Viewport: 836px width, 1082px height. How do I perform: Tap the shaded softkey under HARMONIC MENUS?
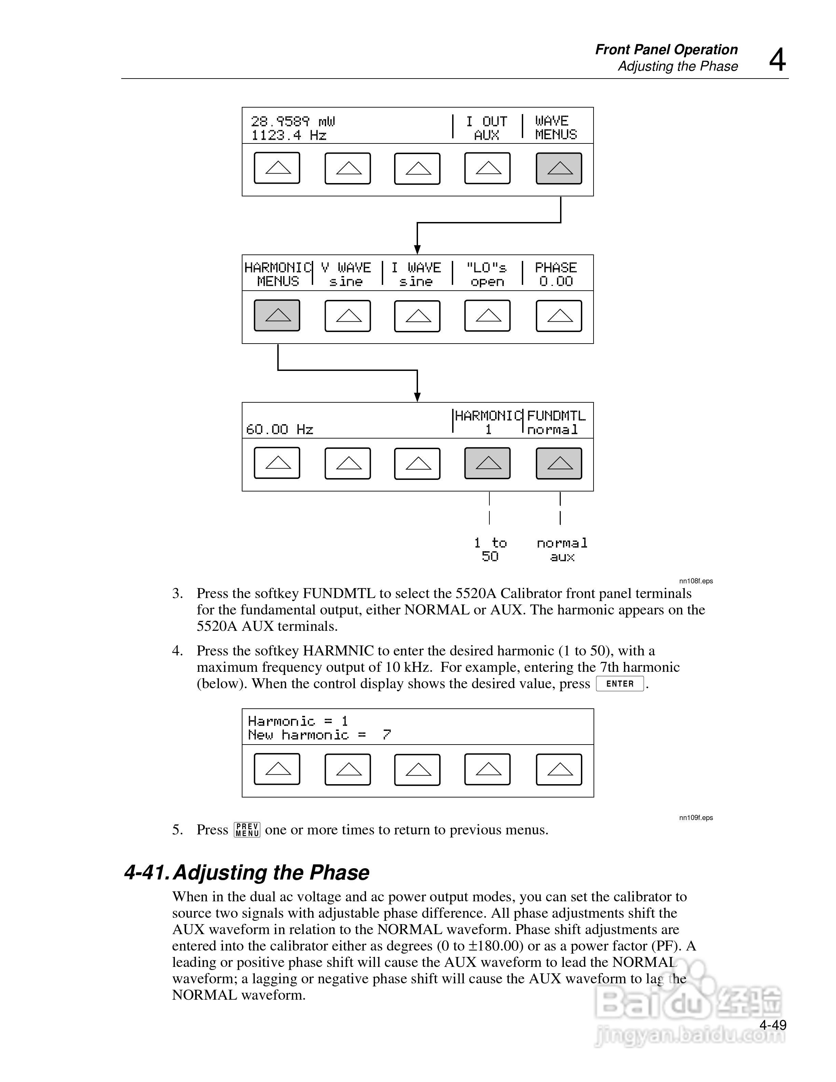(277, 315)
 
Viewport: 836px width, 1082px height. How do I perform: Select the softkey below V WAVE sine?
(348, 316)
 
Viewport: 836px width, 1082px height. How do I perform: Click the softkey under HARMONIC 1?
(487, 463)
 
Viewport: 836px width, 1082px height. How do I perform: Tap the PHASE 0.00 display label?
(556, 275)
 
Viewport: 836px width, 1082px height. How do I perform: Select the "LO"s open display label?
(487, 275)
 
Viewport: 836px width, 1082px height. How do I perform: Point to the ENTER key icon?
(619, 684)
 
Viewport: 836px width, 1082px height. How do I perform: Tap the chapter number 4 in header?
(777, 60)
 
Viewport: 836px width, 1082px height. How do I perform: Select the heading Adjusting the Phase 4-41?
(247, 873)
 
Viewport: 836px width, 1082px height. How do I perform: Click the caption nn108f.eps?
(696, 581)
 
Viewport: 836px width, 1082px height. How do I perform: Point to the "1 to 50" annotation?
(490, 550)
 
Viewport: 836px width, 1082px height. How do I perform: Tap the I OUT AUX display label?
(486, 128)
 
